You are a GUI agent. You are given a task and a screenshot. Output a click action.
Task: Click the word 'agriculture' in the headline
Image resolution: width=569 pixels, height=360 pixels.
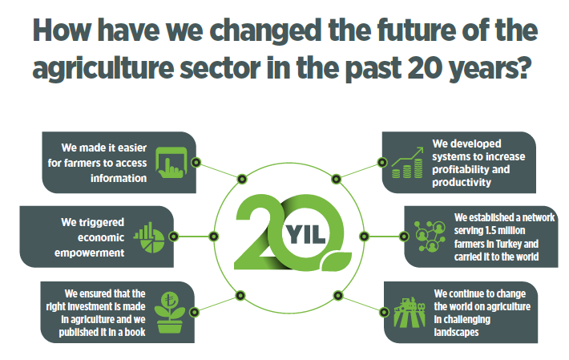[x=103, y=69]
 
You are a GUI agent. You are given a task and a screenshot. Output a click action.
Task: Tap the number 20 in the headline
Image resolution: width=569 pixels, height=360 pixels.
[x=424, y=67]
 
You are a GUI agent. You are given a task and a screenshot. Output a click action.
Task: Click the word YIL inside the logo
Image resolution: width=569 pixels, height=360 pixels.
[x=305, y=234]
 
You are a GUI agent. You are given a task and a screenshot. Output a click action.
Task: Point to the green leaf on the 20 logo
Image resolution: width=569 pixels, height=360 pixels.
[x=336, y=261]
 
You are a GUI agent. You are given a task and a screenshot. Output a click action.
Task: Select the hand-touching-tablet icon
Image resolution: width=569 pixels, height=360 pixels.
[x=172, y=162]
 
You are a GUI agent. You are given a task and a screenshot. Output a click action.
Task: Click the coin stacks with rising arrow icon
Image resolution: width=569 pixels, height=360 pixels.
[x=407, y=163]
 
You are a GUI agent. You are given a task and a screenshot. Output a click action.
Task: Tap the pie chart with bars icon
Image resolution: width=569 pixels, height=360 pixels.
[x=149, y=237]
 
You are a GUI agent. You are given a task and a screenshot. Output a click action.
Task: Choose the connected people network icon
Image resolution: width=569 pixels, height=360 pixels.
[x=430, y=237]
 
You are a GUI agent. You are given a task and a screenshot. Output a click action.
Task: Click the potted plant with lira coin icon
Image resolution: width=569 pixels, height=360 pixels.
[x=169, y=313]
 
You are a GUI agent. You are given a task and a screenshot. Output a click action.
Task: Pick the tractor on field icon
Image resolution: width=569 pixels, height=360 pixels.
[x=410, y=313]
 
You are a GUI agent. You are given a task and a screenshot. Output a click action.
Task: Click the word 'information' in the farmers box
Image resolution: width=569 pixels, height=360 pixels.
[x=119, y=178]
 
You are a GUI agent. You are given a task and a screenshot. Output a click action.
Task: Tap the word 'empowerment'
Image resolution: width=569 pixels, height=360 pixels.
[x=89, y=253]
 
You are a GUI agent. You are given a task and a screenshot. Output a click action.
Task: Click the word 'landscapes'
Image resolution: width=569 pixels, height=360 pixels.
[x=456, y=332]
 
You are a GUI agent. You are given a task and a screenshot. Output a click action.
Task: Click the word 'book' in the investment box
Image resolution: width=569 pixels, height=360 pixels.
[x=135, y=332]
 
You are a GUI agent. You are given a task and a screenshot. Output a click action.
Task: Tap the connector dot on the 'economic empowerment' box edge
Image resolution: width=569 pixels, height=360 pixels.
[x=174, y=237]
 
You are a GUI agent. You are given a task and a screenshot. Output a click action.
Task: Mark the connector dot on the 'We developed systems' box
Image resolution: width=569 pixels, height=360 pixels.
[x=382, y=162]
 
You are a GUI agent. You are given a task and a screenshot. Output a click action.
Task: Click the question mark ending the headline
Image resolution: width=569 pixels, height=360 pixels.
[x=523, y=67]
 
